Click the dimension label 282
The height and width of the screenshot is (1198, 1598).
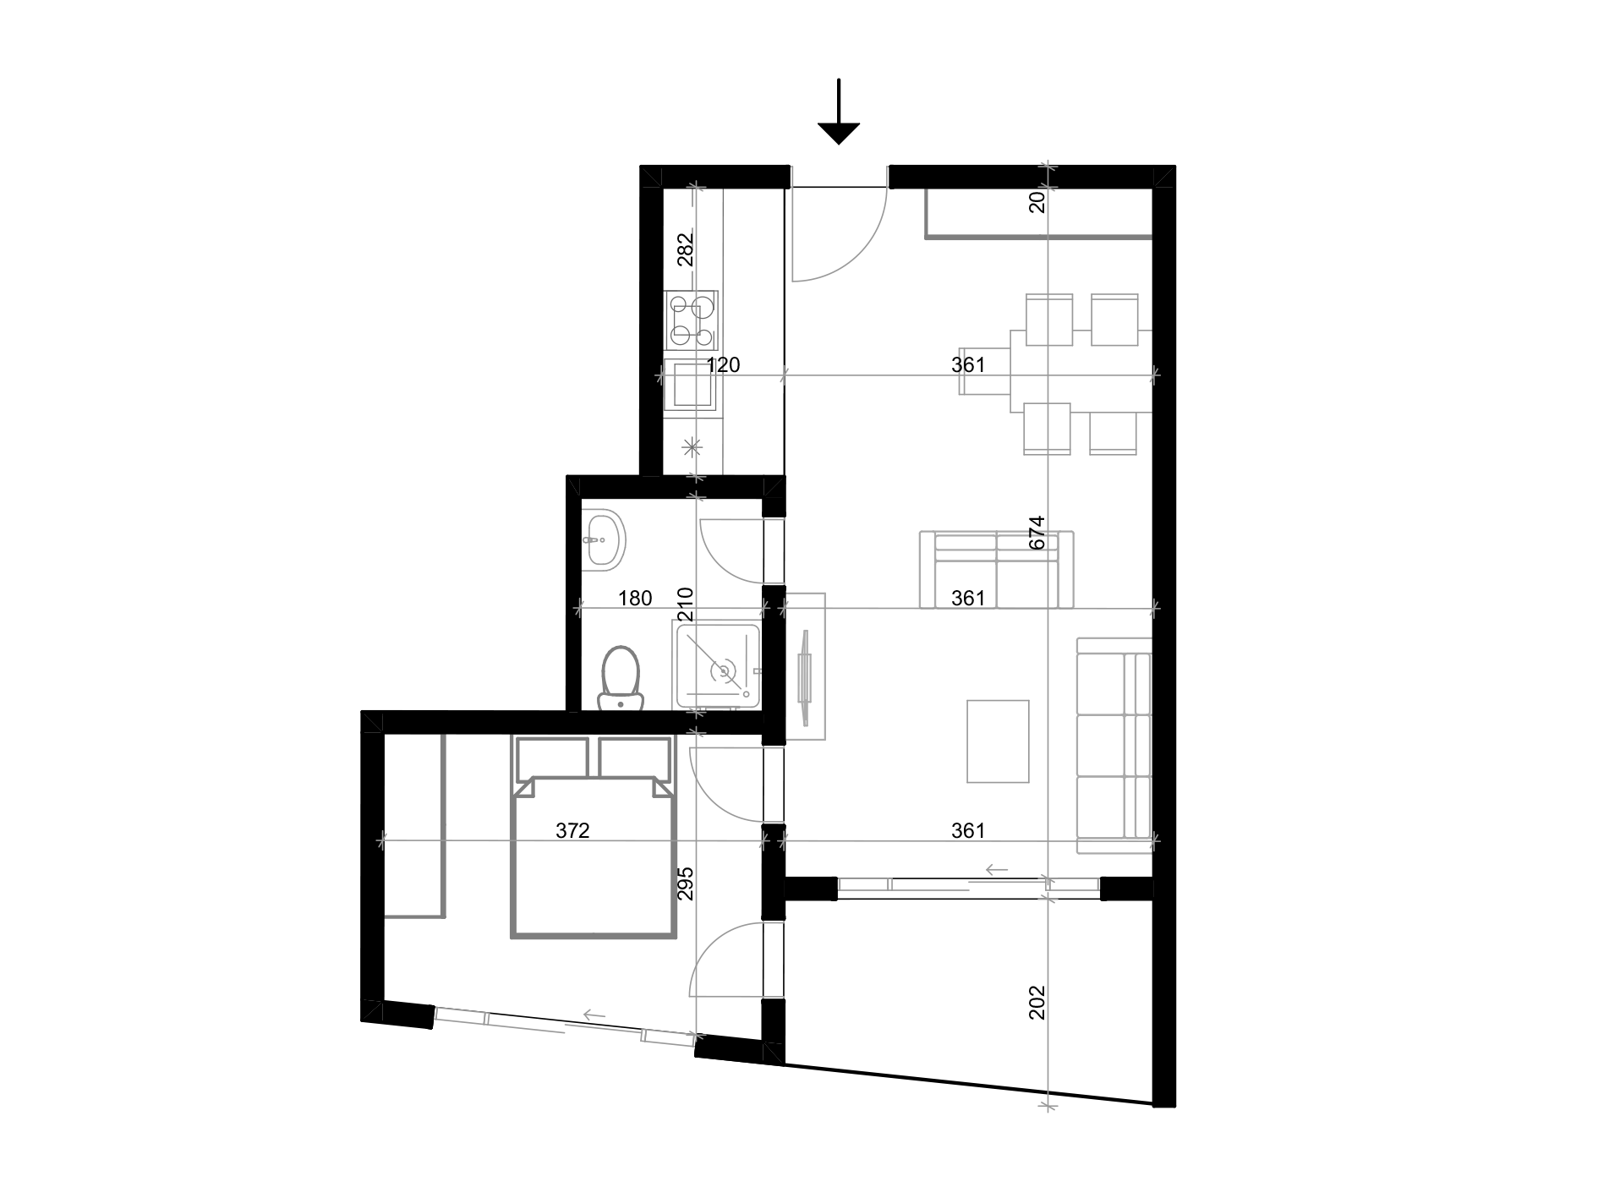(686, 249)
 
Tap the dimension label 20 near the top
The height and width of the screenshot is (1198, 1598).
(1037, 201)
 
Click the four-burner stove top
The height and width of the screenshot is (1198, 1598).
(691, 320)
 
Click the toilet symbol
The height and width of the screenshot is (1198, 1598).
(620, 678)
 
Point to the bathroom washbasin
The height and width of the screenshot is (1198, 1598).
(603, 539)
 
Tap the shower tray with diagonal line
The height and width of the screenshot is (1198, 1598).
(717, 665)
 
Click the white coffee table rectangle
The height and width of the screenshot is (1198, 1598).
(998, 741)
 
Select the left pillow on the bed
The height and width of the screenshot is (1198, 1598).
(551, 756)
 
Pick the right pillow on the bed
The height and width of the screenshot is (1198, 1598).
(634, 756)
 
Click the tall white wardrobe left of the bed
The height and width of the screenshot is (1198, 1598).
(414, 825)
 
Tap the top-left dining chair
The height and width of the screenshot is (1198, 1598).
(1048, 319)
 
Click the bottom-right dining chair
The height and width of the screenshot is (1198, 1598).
(1113, 431)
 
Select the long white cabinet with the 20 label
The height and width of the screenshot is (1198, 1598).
(1038, 214)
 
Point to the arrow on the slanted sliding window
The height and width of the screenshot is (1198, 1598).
(594, 1015)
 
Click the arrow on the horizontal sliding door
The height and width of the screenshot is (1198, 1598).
(997, 869)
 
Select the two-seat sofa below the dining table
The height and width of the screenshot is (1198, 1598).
(996, 571)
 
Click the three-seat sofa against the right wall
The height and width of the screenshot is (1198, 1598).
(1114, 744)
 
